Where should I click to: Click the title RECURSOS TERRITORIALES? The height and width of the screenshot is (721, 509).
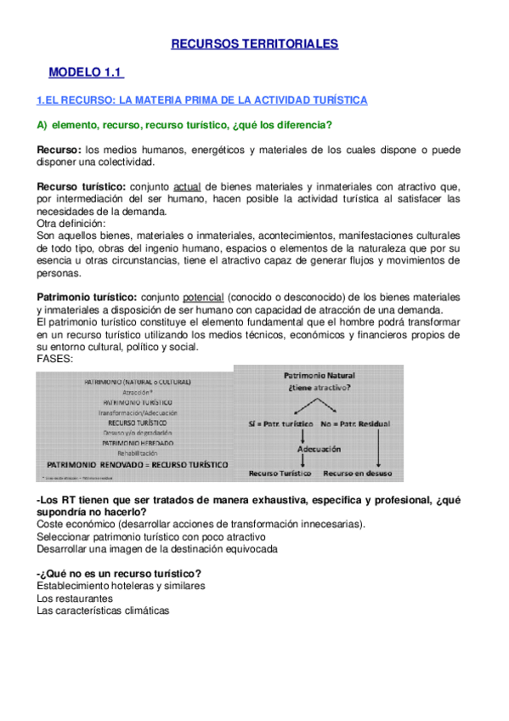255,43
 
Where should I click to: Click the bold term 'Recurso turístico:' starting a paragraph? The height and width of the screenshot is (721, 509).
82,186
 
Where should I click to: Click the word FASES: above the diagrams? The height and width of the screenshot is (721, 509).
55,359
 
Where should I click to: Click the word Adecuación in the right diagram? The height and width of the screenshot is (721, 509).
319,448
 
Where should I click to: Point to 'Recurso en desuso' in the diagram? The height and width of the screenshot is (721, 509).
363,473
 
